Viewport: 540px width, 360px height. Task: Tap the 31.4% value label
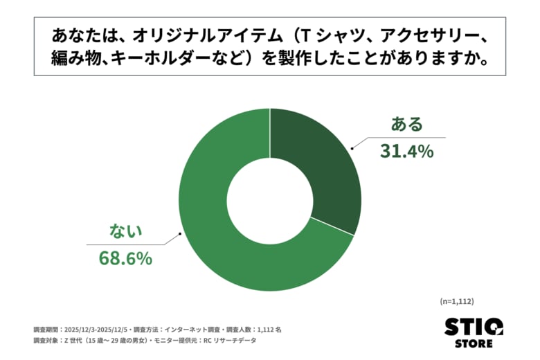pyautogui.click(x=406, y=150)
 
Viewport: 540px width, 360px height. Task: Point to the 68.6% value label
pyautogui.click(x=125, y=259)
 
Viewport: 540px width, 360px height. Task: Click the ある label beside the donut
pyautogui.click(x=406, y=125)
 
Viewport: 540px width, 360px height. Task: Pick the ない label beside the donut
pyautogui.click(x=125, y=231)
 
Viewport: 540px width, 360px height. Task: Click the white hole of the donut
pyautogui.click(x=270, y=199)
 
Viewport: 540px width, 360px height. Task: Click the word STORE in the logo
pyautogui.click(x=474, y=343)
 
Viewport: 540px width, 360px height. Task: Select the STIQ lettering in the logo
pyautogui.click(x=474, y=325)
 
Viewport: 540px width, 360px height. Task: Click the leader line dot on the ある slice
pyautogui.click(x=350, y=147)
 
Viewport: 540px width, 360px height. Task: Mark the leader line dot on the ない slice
pyautogui.click(x=181, y=234)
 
